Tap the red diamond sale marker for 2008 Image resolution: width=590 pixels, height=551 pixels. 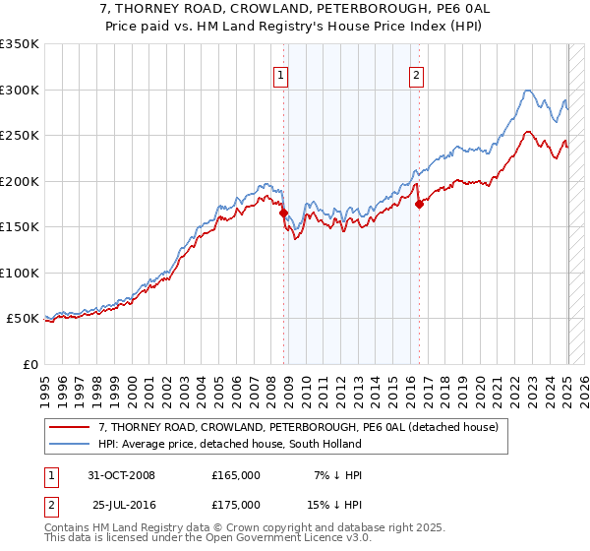tap(283, 212)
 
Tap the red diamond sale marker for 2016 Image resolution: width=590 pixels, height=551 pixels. tap(419, 204)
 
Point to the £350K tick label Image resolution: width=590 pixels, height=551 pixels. tap(20, 44)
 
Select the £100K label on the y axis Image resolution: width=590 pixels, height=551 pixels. tap(20, 273)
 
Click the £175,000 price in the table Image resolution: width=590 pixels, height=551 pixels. tap(236, 504)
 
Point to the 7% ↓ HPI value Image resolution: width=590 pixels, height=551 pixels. tap(337, 475)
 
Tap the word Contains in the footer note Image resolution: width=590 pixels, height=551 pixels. tap(68, 529)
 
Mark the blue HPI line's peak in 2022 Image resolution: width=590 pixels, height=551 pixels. tap(528, 91)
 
